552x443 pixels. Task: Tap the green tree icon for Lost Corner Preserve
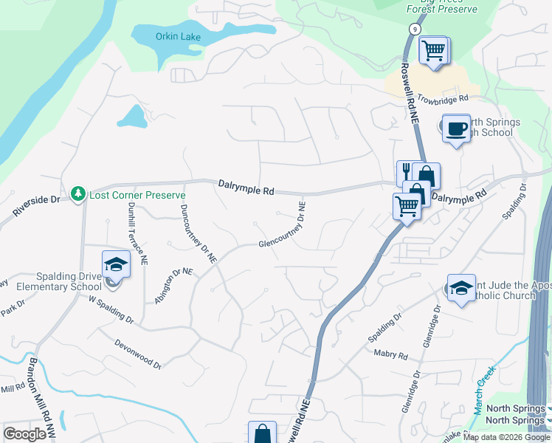pos(77,193)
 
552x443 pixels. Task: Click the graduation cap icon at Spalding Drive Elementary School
pos(115,264)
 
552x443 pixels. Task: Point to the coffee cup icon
pos(455,128)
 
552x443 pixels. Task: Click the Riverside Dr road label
pos(35,206)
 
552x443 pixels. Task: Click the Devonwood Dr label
pos(138,353)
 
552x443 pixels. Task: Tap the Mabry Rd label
pos(390,356)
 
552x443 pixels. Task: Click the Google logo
pos(24,434)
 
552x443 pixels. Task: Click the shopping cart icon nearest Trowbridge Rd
pos(432,52)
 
